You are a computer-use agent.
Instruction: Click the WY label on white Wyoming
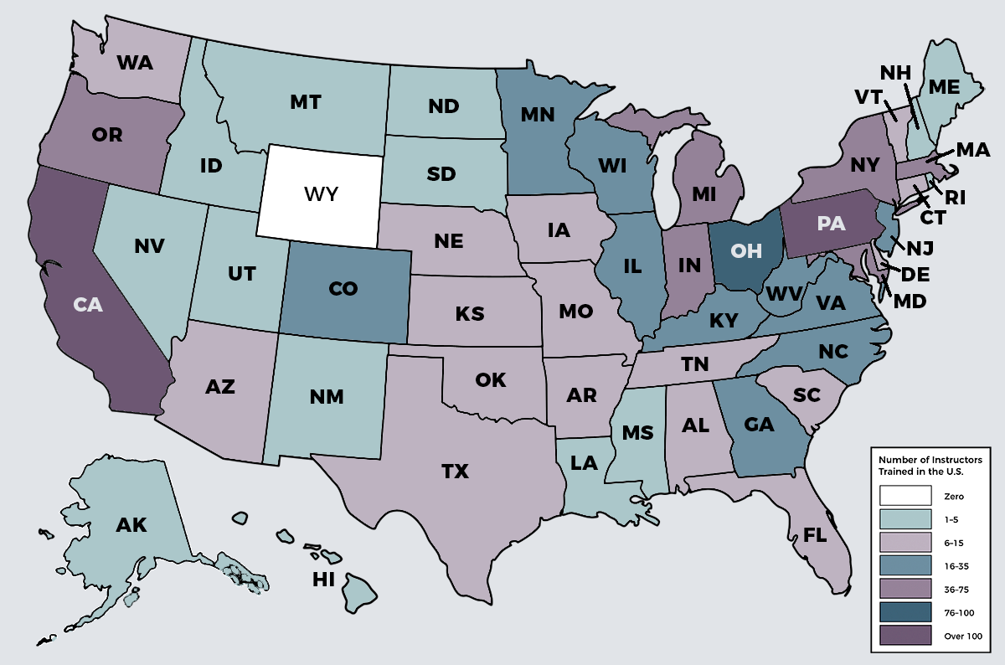pyautogui.click(x=321, y=195)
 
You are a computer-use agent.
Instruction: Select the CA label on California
pyautogui.click(x=87, y=305)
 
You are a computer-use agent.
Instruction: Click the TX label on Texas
pyautogui.click(x=455, y=472)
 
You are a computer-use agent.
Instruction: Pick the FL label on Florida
pyautogui.click(x=815, y=535)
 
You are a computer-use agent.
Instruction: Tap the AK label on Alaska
pyautogui.click(x=131, y=526)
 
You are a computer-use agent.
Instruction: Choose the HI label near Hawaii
pyautogui.click(x=324, y=580)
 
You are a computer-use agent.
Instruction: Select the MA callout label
pyautogui.click(x=972, y=151)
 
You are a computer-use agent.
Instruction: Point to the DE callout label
pyautogui.click(x=915, y=274)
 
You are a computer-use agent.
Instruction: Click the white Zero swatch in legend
pyautogui.click(x=905, y=497)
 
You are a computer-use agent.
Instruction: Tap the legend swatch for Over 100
pyautogui.click(x=905, y=636)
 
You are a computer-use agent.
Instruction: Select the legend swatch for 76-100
pyautogui.click(x=905, y=612)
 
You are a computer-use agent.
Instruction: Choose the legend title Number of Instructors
pyautogui.click(x=930, y=460)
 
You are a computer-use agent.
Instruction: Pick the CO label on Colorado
pyautogui.click(x=343, y=289)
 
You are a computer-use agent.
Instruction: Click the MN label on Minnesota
pyautogui.click(x=536, y=114)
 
